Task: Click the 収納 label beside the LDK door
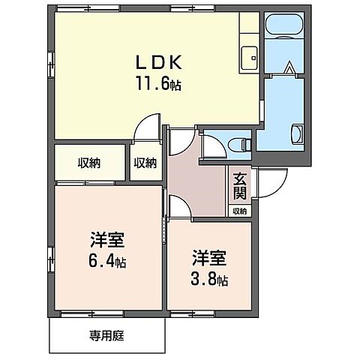click(145, 162)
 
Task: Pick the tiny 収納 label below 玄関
click(239, 211)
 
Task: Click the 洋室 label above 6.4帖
click(106, 241)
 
